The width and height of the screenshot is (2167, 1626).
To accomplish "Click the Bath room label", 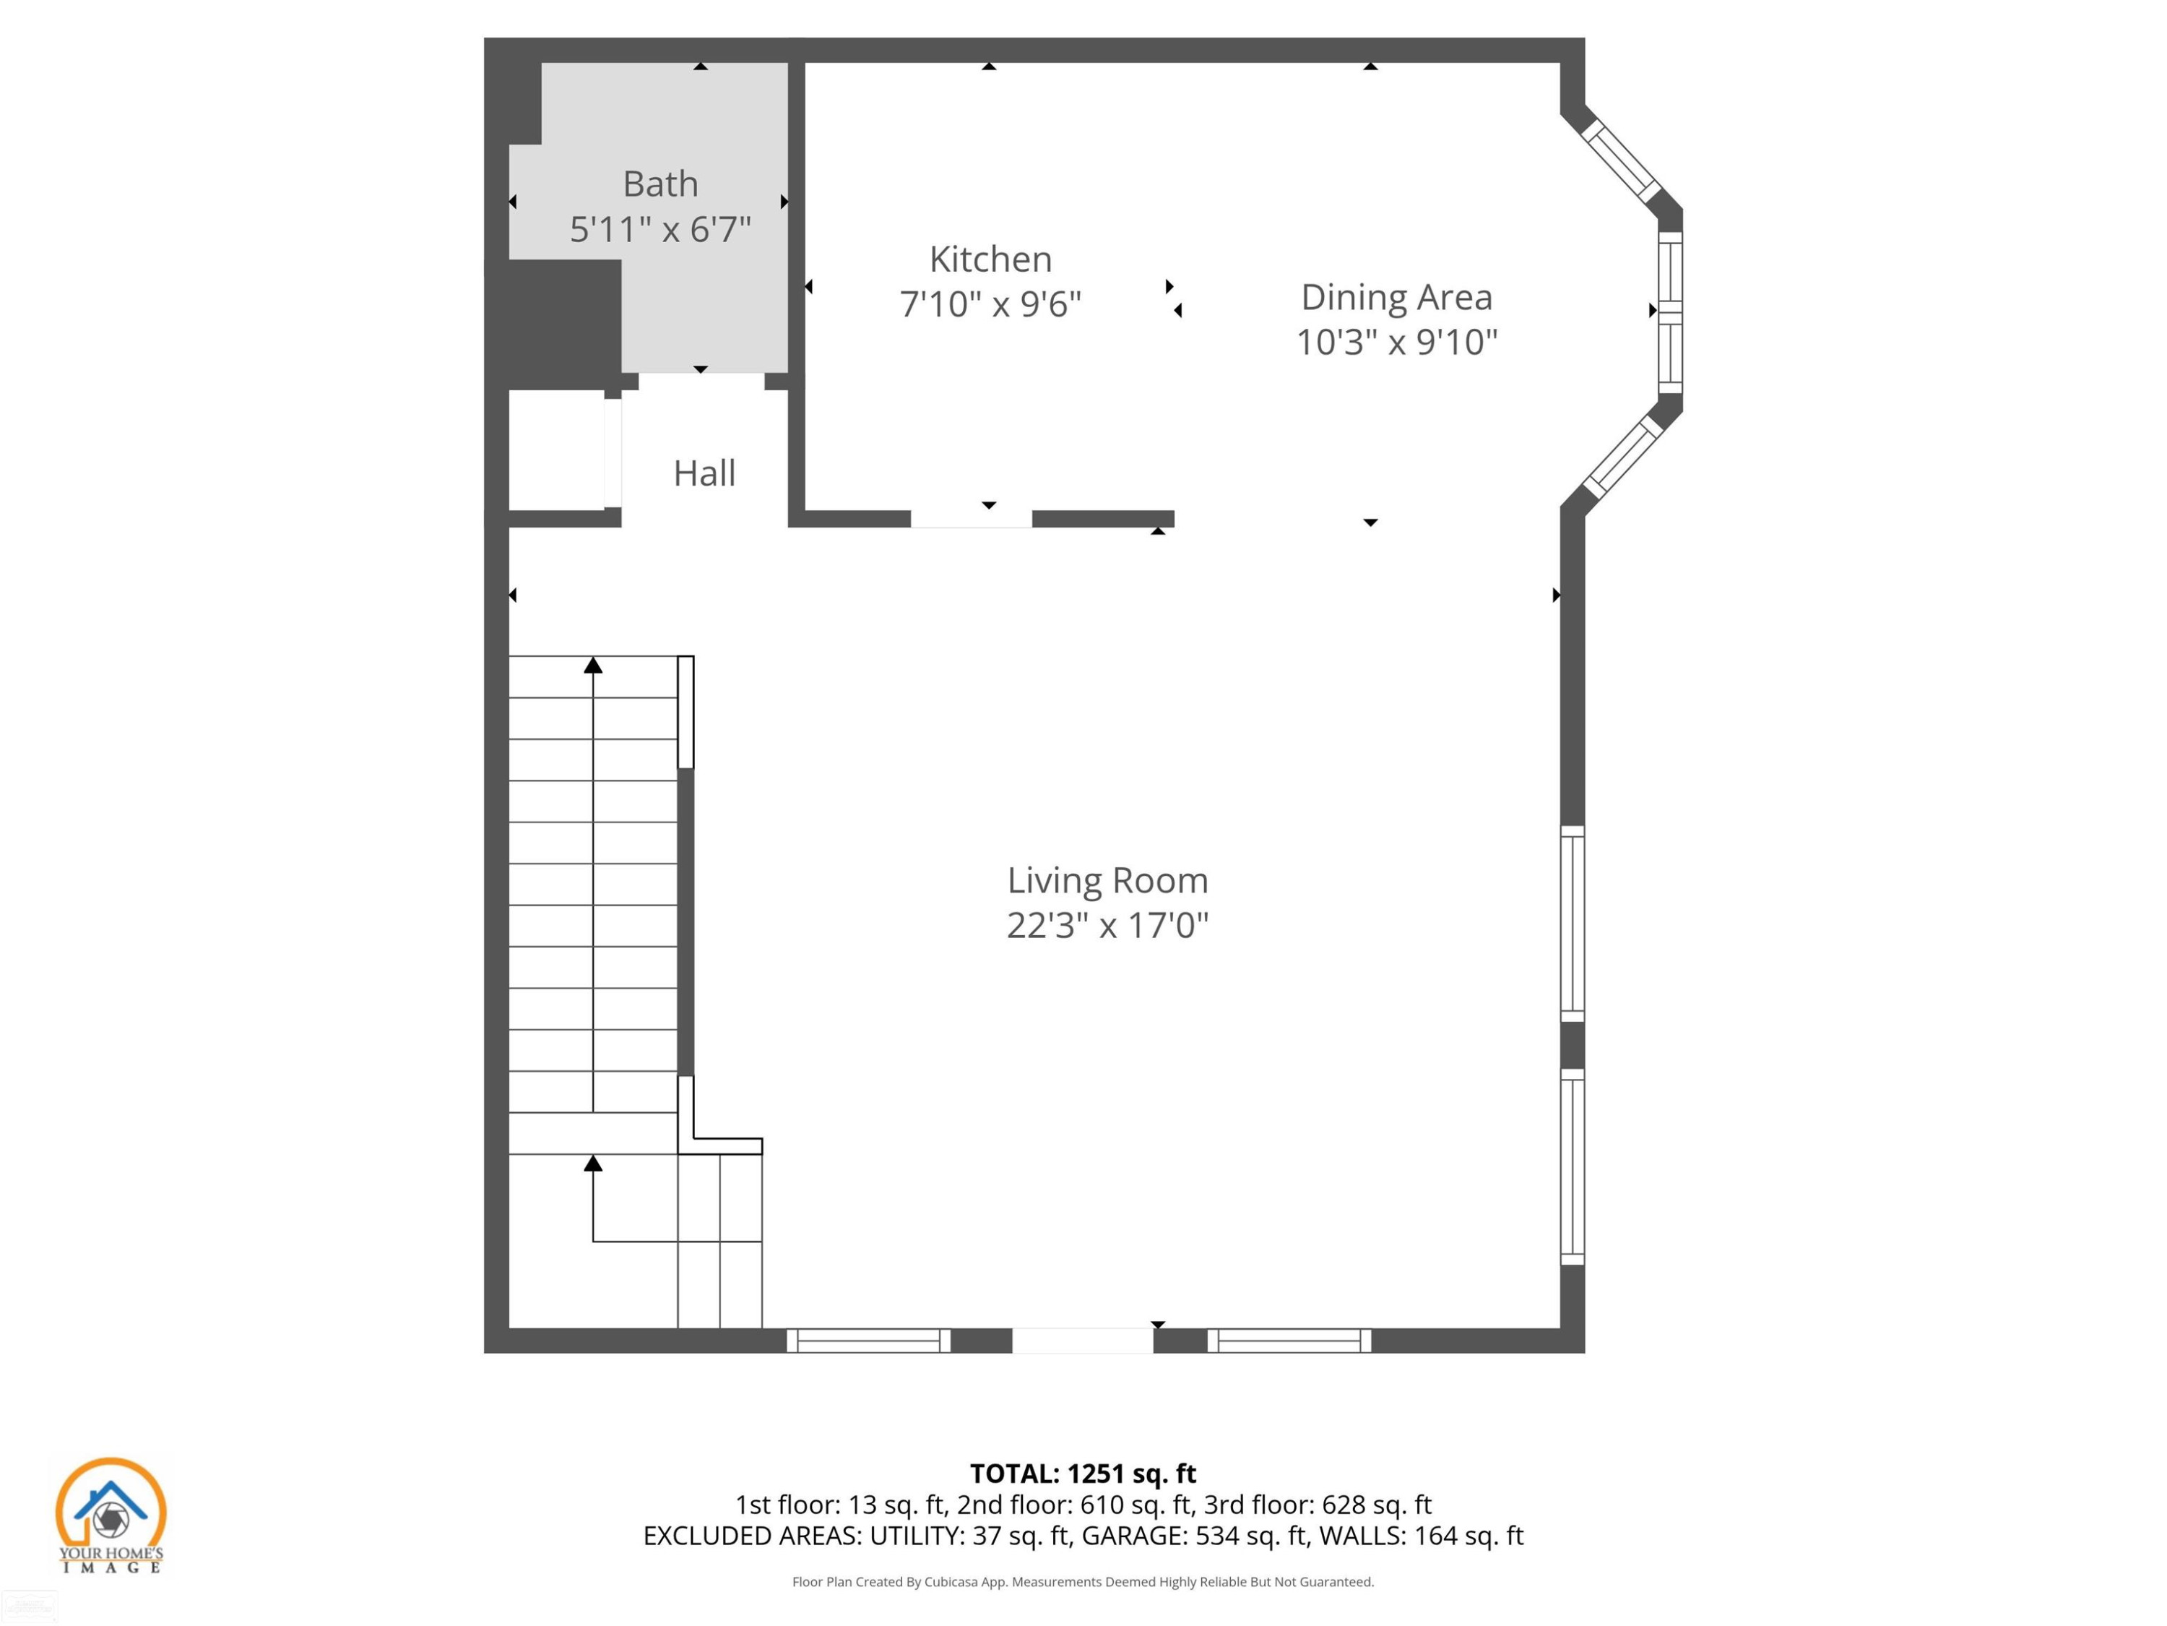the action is point(660,184).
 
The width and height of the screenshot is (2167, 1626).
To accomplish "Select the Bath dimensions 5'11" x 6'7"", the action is point(660,229).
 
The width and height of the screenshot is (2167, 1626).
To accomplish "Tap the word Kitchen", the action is point(990,259).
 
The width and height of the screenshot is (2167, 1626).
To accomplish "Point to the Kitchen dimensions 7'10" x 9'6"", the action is point(990,304).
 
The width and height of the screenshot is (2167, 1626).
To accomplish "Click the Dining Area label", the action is point(1396,297).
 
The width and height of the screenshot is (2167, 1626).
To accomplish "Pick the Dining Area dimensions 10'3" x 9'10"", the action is point(1396,342).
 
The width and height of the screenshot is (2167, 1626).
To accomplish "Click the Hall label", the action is point(704,473).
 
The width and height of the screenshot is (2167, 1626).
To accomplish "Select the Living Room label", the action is point(1107,880).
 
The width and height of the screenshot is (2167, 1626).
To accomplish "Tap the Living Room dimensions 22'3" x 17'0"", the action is point(1107,925).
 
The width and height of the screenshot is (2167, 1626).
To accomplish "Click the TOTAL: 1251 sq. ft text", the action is point(1083,1473).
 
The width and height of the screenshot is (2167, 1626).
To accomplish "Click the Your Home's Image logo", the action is point(111,1515).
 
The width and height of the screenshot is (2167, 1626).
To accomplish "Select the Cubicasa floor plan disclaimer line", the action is point(1083,1582).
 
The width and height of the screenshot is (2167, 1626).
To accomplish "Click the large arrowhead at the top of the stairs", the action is point(593,666).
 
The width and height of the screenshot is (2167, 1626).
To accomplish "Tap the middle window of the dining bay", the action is point(1670,311).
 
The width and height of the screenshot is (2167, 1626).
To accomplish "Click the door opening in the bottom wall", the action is point(1083,1341).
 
